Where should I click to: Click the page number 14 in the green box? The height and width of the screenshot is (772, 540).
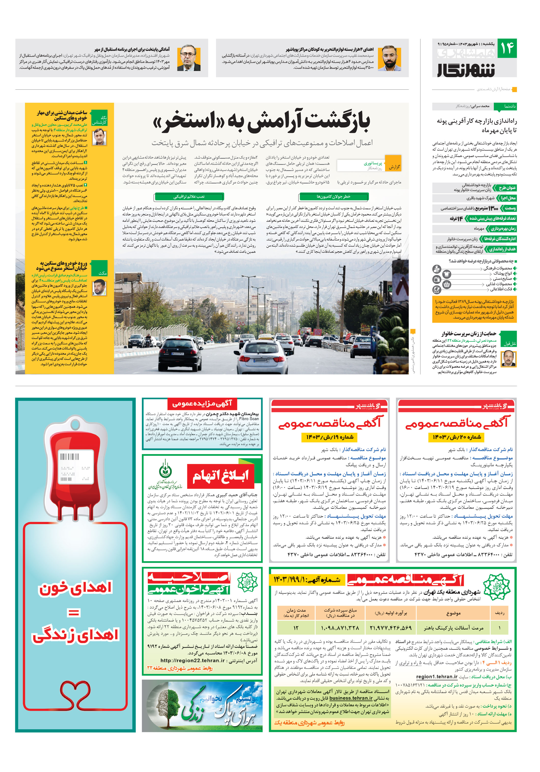click(507, 48)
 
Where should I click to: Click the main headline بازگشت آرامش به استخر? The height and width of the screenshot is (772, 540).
click(261, 121)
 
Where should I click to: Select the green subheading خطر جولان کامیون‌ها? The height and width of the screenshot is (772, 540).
click(333, 196)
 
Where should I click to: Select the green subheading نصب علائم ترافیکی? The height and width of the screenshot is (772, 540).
click(189, 196)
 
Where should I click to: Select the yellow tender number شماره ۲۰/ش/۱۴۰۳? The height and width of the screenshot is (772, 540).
click(456, 437)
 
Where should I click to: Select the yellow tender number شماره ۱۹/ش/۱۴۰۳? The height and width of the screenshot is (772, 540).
click(329, 437)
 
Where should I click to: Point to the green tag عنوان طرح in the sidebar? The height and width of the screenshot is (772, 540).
click(507, 188)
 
